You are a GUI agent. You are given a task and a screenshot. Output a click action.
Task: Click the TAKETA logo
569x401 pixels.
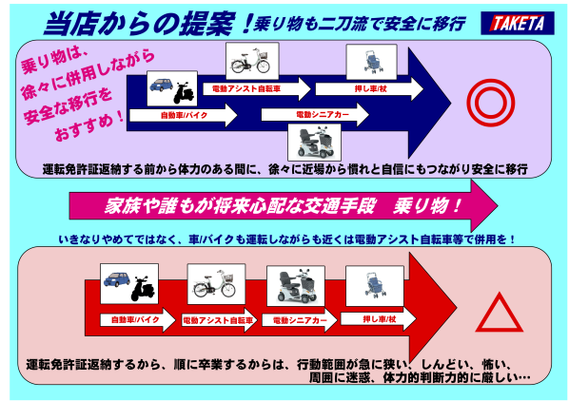518,23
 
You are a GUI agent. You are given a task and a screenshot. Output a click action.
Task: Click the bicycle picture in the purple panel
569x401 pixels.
252,61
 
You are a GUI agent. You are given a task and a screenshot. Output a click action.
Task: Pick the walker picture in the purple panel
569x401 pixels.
371,62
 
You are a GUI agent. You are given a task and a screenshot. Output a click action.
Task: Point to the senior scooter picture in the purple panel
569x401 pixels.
314,143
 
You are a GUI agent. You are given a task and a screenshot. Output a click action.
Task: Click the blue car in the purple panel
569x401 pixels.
162,86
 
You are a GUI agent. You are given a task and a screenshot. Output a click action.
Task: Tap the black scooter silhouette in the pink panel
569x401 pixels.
143,289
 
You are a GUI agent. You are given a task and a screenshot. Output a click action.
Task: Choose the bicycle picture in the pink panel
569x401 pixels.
216,284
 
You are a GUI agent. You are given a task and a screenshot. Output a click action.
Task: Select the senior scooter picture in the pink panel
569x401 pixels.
296,286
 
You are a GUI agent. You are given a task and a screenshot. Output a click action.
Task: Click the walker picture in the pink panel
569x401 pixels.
375,286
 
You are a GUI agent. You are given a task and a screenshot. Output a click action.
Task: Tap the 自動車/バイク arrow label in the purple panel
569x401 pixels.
184,115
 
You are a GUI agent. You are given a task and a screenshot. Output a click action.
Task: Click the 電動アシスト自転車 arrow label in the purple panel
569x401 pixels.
257,88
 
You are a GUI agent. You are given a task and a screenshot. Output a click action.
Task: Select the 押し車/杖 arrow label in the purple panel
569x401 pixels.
369,88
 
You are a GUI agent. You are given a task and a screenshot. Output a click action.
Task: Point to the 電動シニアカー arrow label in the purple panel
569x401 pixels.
315,114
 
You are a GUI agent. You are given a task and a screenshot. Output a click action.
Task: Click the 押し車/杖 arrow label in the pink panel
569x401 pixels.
378,319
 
